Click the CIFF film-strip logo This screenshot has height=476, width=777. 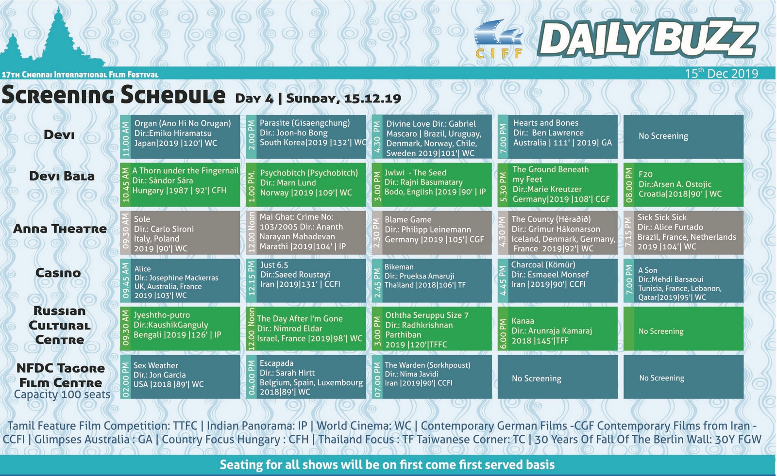pos(498,39)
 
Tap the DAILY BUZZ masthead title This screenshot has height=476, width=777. pos(648,38)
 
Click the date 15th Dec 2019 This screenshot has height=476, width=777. pos(721,73)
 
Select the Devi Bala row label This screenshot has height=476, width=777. pos(62,176)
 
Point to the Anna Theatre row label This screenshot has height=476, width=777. pos(60,229)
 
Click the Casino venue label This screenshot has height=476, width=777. pos(58,273)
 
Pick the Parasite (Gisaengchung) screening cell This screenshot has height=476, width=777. pos(306,137)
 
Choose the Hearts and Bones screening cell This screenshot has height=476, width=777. pos(558,137)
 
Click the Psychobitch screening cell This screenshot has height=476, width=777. pos(306,185)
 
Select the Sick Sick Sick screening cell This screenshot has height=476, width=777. pos(683,232)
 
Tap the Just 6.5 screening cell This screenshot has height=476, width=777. pos(306,280)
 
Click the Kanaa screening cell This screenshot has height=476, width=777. pos(558,328)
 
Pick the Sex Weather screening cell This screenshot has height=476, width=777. pos(180,377)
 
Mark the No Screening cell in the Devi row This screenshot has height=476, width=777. pos(683,137)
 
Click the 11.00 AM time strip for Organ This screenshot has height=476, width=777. pos(125,137)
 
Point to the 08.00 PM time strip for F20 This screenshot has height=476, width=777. pos(629,185)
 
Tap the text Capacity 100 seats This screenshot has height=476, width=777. pos(62,394)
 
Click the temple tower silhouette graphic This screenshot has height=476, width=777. pos(52,38)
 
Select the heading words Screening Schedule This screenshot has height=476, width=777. pos(114,95)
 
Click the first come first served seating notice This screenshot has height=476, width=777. pos(388,464)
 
